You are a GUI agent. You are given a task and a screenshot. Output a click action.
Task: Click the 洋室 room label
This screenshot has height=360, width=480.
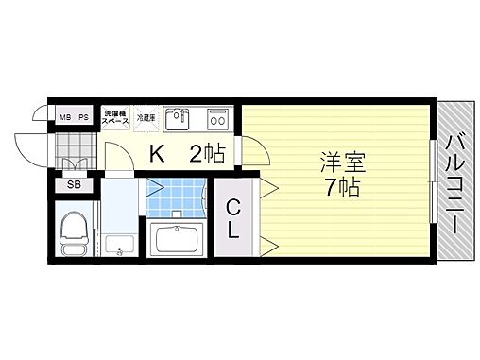337,162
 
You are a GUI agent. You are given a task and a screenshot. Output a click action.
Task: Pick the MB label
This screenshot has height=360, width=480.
65,118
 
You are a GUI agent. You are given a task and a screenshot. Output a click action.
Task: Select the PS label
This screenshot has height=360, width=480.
83,118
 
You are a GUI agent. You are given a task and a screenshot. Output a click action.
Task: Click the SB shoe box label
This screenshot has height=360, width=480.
73,185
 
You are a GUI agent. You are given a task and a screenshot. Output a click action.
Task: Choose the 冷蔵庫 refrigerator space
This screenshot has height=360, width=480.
146,117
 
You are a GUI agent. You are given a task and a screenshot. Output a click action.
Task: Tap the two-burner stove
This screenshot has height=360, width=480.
218,119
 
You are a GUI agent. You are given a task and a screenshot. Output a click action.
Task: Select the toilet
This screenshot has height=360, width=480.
73,232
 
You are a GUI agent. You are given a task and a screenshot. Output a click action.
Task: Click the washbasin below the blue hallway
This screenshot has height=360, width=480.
118,247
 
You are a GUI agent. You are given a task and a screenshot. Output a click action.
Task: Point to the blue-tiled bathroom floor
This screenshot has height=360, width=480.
178,197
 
